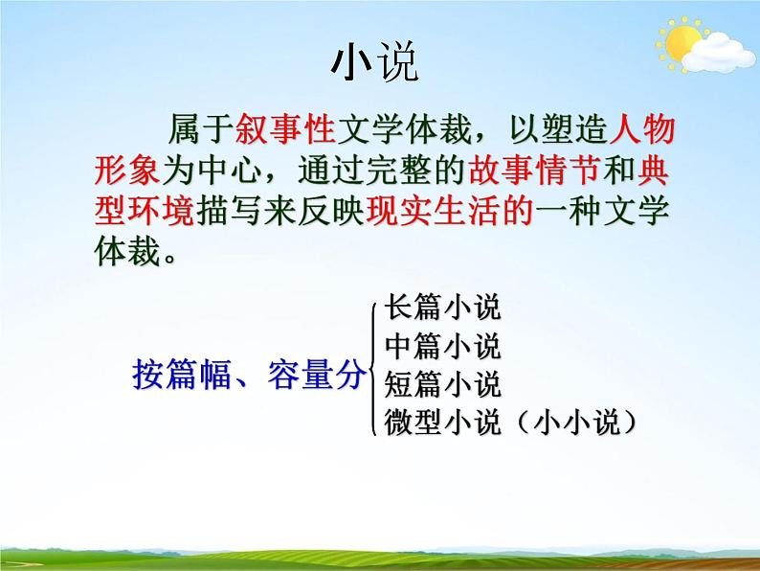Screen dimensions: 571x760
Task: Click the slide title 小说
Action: tap(374, 62)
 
